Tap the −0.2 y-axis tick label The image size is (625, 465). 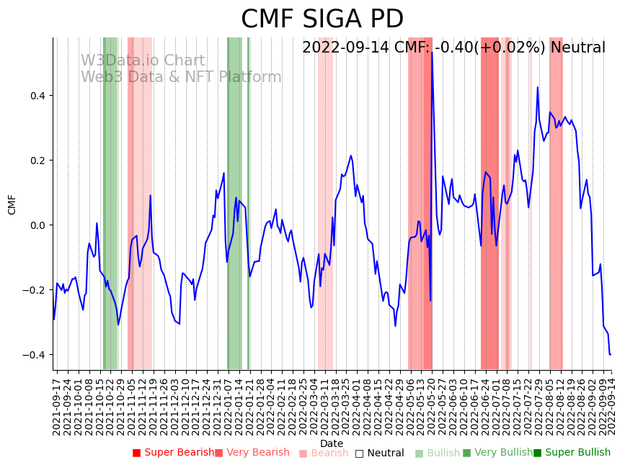(x=36, y=290)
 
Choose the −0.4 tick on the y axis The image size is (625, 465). (x=36, y=355)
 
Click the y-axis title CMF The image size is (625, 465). (x=12, y=204)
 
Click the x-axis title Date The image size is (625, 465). (x=332, y=443)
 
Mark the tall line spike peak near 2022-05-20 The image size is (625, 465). (x=432, y=52)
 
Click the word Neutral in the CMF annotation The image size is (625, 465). (x=577, y=48)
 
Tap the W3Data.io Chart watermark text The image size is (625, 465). (x=142, y=61)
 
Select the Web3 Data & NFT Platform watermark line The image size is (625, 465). (x=181, y=77)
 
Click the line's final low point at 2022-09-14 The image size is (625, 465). (x=610, y=354)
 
